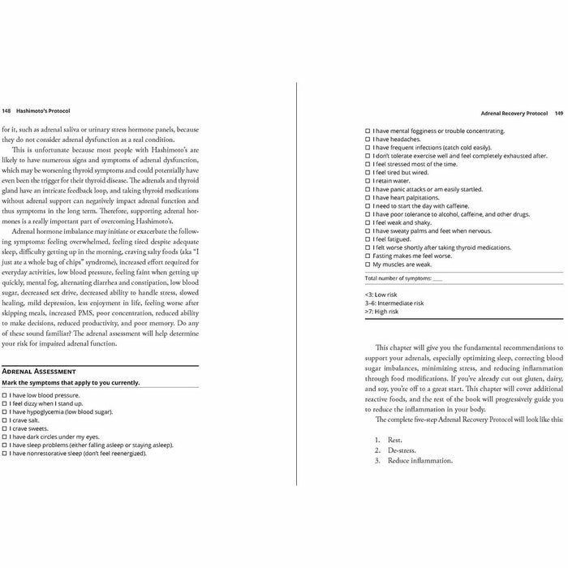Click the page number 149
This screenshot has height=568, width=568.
coord(559,114)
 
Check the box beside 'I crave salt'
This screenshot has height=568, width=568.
coord(5,420)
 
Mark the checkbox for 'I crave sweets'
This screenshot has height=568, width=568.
coord(5,429)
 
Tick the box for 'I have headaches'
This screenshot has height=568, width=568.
coord(368,139)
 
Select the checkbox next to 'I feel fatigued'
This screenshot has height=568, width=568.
coord(368,239)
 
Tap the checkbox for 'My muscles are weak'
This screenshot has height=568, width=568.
coord(368,265)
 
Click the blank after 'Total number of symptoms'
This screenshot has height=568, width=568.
coord(438,278)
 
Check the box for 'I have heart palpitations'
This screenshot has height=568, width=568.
coord(368,197)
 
